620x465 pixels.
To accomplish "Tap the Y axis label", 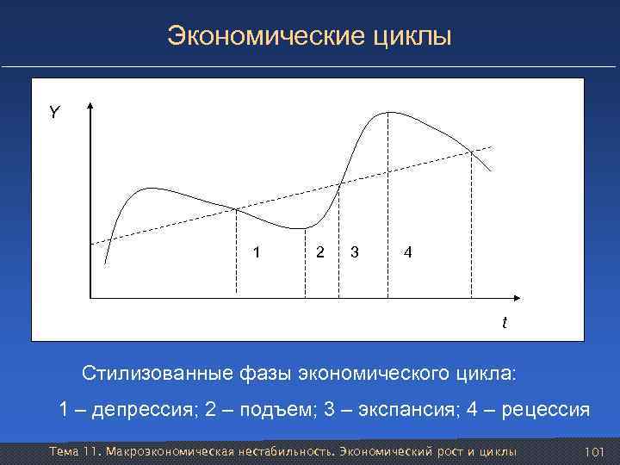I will click(54, 113).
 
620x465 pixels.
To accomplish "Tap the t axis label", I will click(505, 323).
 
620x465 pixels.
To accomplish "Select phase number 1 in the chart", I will click(255, 252).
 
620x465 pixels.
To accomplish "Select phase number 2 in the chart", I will click(320, 252).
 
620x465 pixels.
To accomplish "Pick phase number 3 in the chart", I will click(355, 252).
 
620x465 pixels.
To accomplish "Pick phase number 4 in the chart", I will click(408, 252).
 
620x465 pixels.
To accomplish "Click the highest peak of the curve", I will click(390, 112).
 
